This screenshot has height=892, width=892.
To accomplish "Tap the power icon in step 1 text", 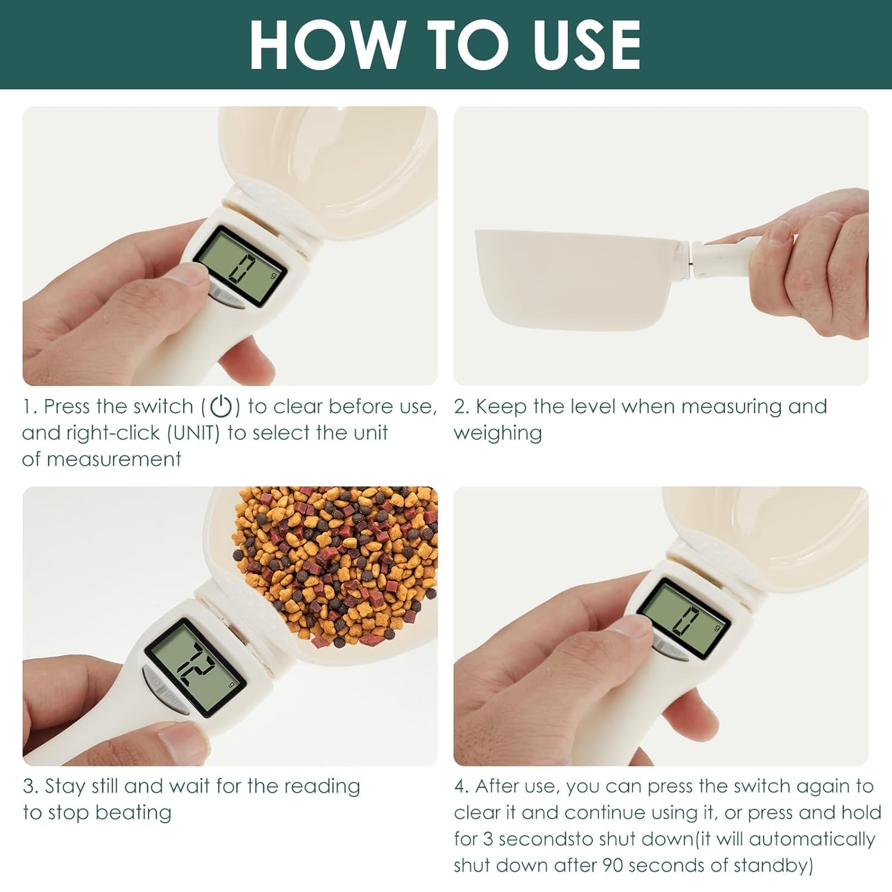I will point(221,407).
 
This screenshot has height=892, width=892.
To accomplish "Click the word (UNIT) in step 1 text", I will point(194,433).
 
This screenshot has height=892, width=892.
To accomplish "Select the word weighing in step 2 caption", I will point(498,433).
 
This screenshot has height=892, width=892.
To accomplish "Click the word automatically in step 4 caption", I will point(812,838).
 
